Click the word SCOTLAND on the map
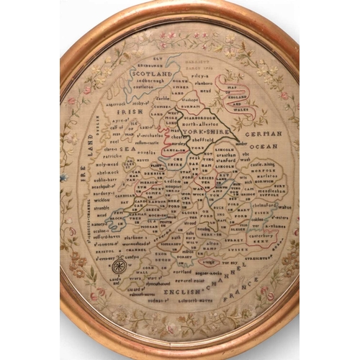point(156,74)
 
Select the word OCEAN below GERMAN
point(265,146)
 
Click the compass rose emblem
point(131,268)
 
